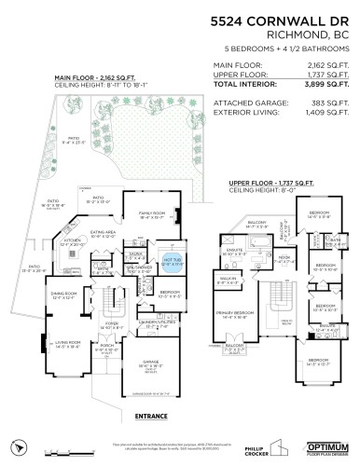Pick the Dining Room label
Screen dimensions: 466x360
[63, 295]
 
